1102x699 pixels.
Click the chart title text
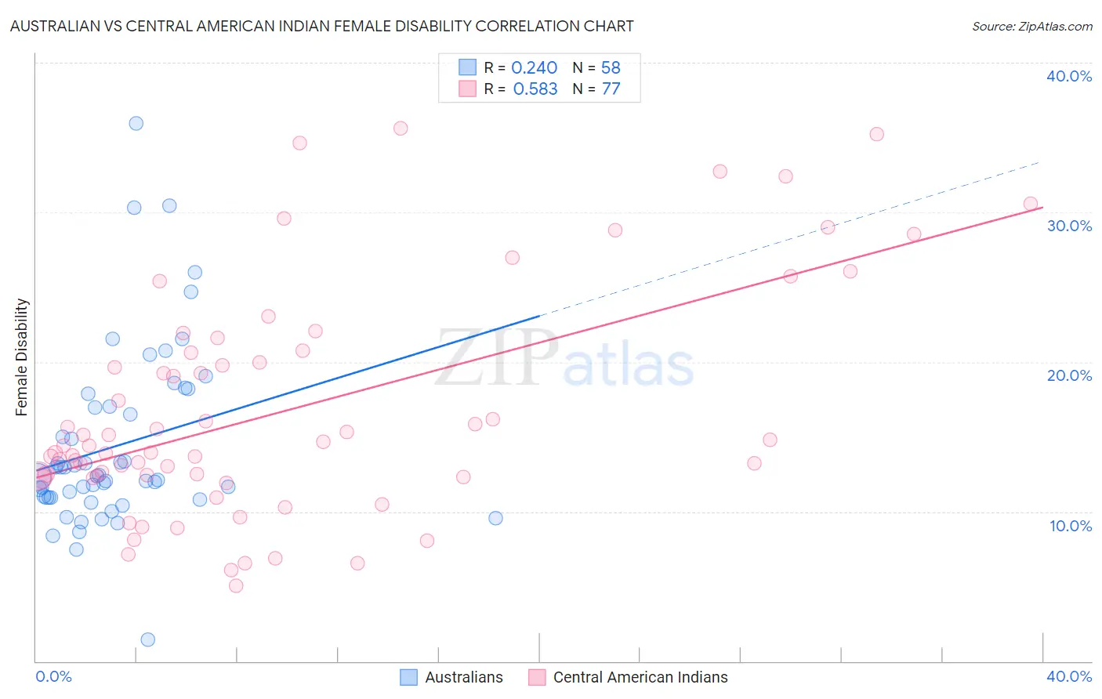tap(321, 26)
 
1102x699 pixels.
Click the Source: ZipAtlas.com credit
tap(1031, 27)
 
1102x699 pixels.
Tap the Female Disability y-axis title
tap(22, 357)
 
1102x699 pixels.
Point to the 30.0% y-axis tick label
tap(1069, 226)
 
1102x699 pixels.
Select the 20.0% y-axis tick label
tap(1069, 375)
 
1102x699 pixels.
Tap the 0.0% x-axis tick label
tap(53, 676)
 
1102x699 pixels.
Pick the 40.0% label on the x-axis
tap(1069, 676)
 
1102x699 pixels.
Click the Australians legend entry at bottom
tap(451, 677)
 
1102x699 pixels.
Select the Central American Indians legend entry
tap(629, 677)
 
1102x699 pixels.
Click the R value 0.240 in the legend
tap(534, 68)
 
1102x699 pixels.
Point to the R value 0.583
tap(535, 89)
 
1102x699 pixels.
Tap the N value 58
tap(611, 68)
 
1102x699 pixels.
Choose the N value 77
tap(611, 89)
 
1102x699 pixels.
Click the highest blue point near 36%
tap(136, 123)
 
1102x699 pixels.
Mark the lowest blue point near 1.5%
tap(147, 639)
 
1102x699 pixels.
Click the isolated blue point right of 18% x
tap(495, 518)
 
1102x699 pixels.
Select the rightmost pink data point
tap(1031, 204)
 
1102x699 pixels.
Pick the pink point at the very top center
tap(401, 129)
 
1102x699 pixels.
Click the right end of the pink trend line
tap(1042, 207)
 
